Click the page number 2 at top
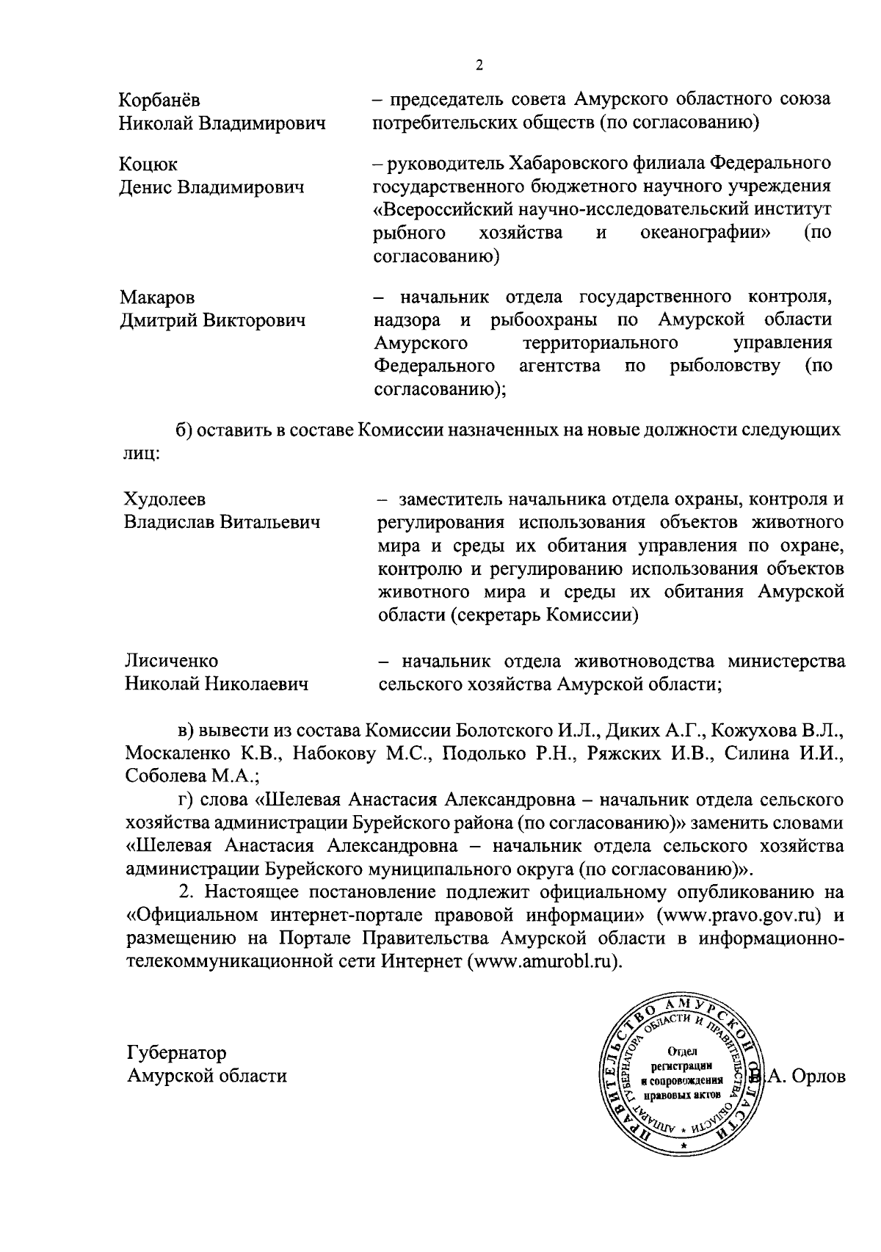click(479, 65)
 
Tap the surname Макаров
click(158, 297)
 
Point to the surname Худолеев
click(164, 500)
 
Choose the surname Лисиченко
click(171, 661)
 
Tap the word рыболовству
click(725, 366)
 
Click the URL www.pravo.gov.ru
click(742, 916)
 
